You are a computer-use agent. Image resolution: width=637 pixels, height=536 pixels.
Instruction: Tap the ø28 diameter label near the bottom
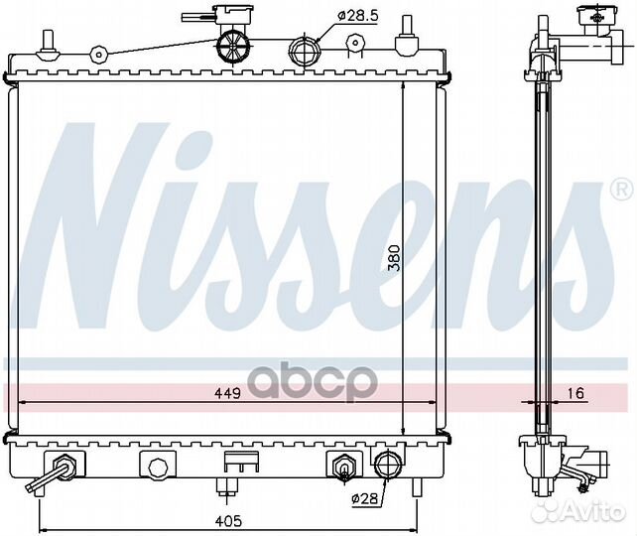(x=364, y=498)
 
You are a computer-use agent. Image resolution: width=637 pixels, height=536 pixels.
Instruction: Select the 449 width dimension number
(x=227, y=393)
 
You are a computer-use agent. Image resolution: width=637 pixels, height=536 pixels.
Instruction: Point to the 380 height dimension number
(x=394, y=258)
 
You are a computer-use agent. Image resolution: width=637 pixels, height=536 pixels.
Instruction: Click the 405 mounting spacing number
(x=228, y=521)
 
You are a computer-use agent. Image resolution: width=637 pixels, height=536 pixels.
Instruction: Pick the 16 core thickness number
(x=574, y=393)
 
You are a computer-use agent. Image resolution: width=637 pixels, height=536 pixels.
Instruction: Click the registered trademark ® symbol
(x=621, y=189)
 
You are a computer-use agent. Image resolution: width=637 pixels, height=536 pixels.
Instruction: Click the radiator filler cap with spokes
(x=233, y=47)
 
